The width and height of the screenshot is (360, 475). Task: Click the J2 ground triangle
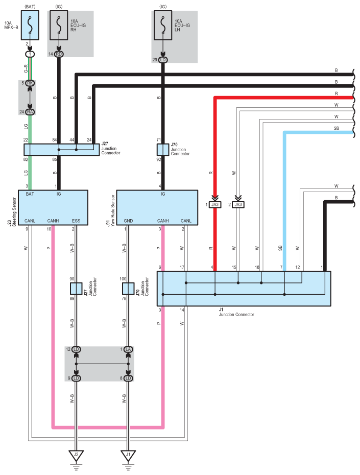point(76,455)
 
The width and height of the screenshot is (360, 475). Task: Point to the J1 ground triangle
point(128,455)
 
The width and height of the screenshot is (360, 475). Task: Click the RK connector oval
point(30,83)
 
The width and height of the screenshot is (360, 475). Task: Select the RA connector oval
point(30,112)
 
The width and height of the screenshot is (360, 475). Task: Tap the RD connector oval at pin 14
point(59,54)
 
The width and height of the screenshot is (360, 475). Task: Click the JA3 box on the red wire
point(215,204)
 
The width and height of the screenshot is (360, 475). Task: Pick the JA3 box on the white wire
point(238,204)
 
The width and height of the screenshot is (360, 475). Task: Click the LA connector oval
point(128,349)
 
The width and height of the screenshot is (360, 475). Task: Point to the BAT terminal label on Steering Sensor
point(30,194)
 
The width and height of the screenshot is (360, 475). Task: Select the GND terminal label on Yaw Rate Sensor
point(128,221)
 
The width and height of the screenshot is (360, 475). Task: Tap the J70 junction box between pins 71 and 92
point(162,149)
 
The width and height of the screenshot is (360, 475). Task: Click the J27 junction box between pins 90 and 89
point(76,288)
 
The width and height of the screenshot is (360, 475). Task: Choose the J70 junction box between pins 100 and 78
point(128,288)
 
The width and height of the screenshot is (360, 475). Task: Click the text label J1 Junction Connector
point(236,312)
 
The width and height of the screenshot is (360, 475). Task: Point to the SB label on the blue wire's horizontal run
point(336,128)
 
